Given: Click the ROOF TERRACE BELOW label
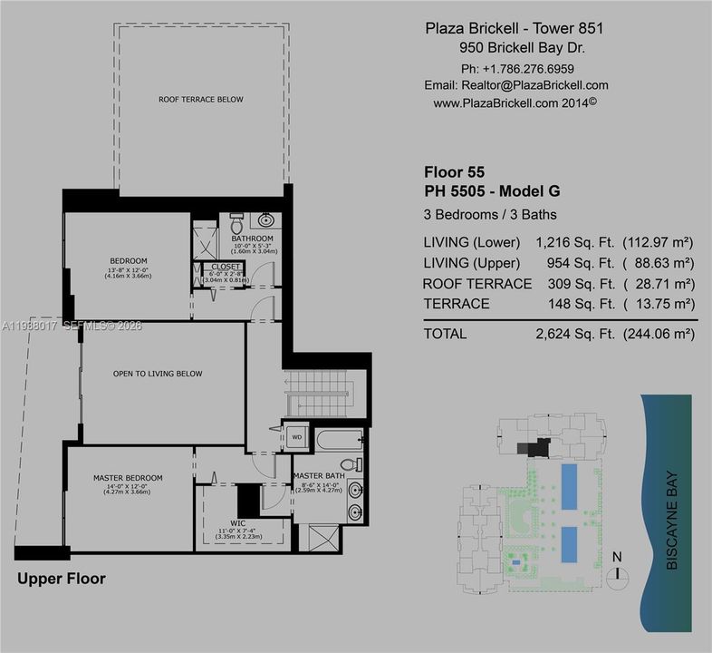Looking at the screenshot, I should tap(200, 100).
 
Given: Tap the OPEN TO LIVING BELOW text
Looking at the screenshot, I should tap(157, 374).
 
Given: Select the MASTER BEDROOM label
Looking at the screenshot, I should tap(128, 478).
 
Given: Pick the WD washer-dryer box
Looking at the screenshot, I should tap(296, 436).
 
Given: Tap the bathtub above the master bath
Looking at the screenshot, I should tap(337, 442).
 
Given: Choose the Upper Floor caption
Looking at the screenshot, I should tap(62, 579).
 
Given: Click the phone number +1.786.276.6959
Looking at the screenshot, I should tap(529, 69).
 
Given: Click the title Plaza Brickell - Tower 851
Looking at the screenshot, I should tap(514, 28).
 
